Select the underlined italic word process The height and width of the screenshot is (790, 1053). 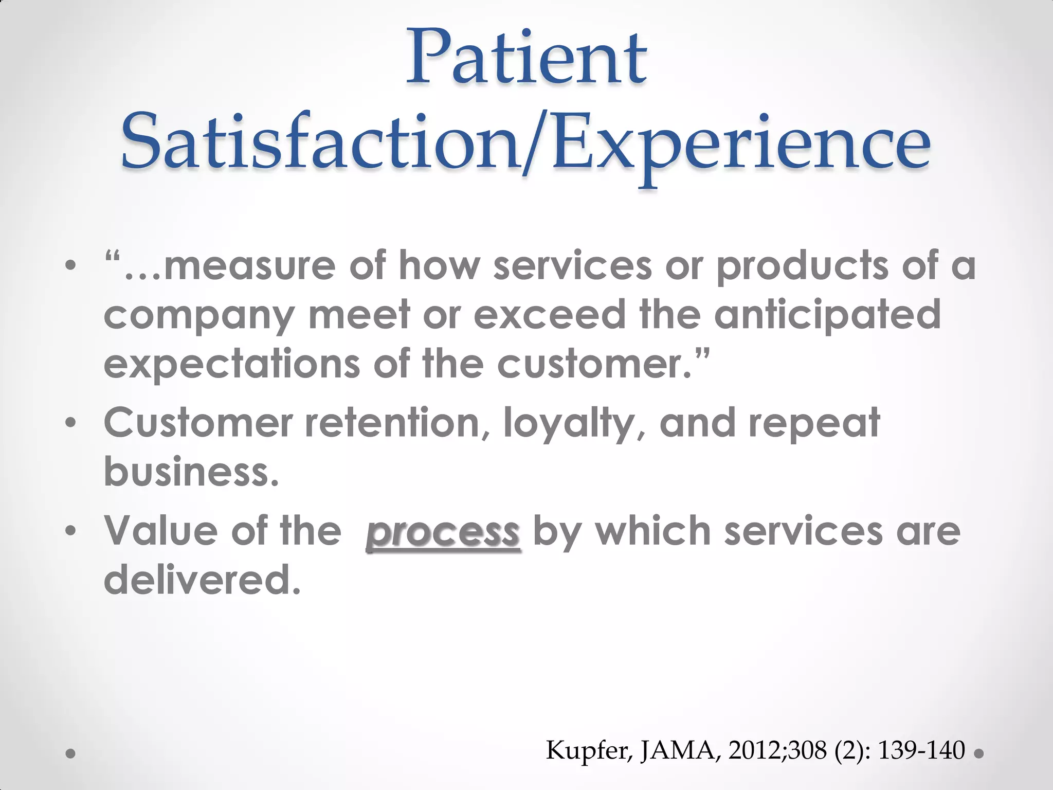443,532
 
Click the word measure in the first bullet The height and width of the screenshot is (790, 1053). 249,266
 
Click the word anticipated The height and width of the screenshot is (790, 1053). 827,315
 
